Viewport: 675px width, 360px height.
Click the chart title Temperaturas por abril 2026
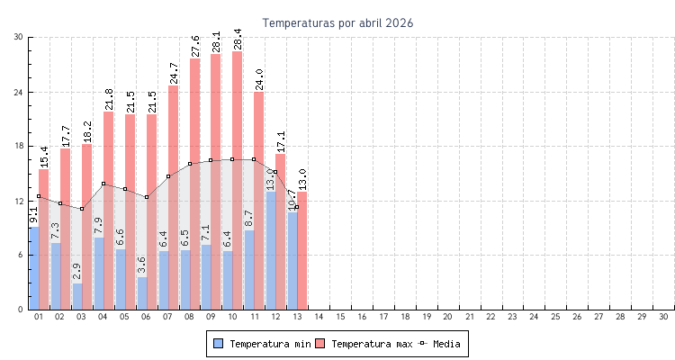[337, 22]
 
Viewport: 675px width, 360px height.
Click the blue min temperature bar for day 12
[271, 252]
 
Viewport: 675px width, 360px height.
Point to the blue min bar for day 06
[142, 293]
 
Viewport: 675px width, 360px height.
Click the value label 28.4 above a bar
[238, 39]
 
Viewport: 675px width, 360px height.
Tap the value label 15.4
[44, 157]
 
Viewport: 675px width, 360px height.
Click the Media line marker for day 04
[103, 184]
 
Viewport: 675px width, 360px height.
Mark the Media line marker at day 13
[297, 208]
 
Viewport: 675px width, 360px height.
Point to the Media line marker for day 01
[39, 196]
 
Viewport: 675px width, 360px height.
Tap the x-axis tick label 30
[663, 317]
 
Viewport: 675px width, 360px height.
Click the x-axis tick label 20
[448, 317]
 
